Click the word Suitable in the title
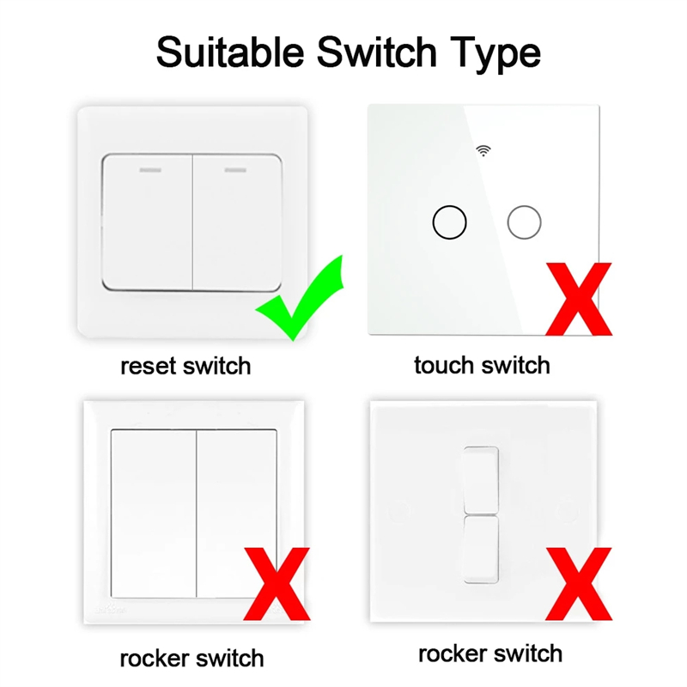click(230, 52)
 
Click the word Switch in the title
click(377, 52)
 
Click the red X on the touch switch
click(579, 299)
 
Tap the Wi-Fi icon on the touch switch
click(483, 151)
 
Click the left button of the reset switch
click(147, 222)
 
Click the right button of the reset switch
click(237, 222)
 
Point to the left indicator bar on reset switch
click(150, 170)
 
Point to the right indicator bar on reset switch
click(235, 170)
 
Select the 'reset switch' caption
click(185, 367)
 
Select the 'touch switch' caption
click(482, 366)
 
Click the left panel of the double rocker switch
click(154, 514)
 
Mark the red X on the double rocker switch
click(277, 584)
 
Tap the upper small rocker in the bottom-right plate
click(481, 480)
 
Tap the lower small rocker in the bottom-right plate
click(481, 550)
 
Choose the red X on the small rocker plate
click(579, 584)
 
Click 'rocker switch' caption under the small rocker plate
click(490, 654)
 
